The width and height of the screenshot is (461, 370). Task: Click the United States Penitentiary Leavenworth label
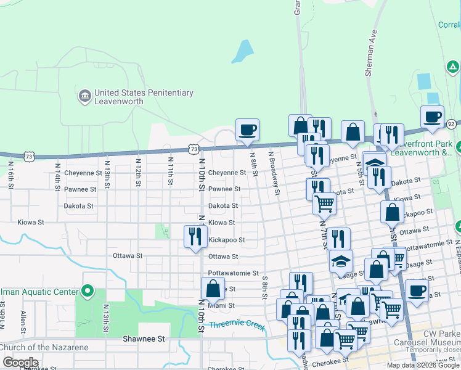coord(144,97)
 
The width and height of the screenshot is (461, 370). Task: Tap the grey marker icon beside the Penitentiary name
coord(84,96)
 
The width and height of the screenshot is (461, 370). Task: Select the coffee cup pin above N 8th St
coord(247,130)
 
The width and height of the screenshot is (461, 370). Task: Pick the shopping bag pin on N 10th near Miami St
coord(213,289)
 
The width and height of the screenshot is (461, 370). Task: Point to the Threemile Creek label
coord(237,324)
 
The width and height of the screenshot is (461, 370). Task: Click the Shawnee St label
coord(144,339)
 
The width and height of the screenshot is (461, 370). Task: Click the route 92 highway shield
coord(451,123)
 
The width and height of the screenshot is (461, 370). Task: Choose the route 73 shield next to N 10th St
coord(194,149)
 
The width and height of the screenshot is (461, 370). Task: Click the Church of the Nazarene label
coord(44,347)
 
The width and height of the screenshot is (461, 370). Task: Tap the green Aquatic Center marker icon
coord(88,290)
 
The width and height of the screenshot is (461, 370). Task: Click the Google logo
coord(20,363)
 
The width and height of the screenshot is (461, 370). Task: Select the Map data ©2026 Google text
coord(423,365)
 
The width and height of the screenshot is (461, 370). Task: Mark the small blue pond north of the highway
coord(242,52)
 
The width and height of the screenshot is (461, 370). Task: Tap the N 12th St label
coord(139,174)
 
